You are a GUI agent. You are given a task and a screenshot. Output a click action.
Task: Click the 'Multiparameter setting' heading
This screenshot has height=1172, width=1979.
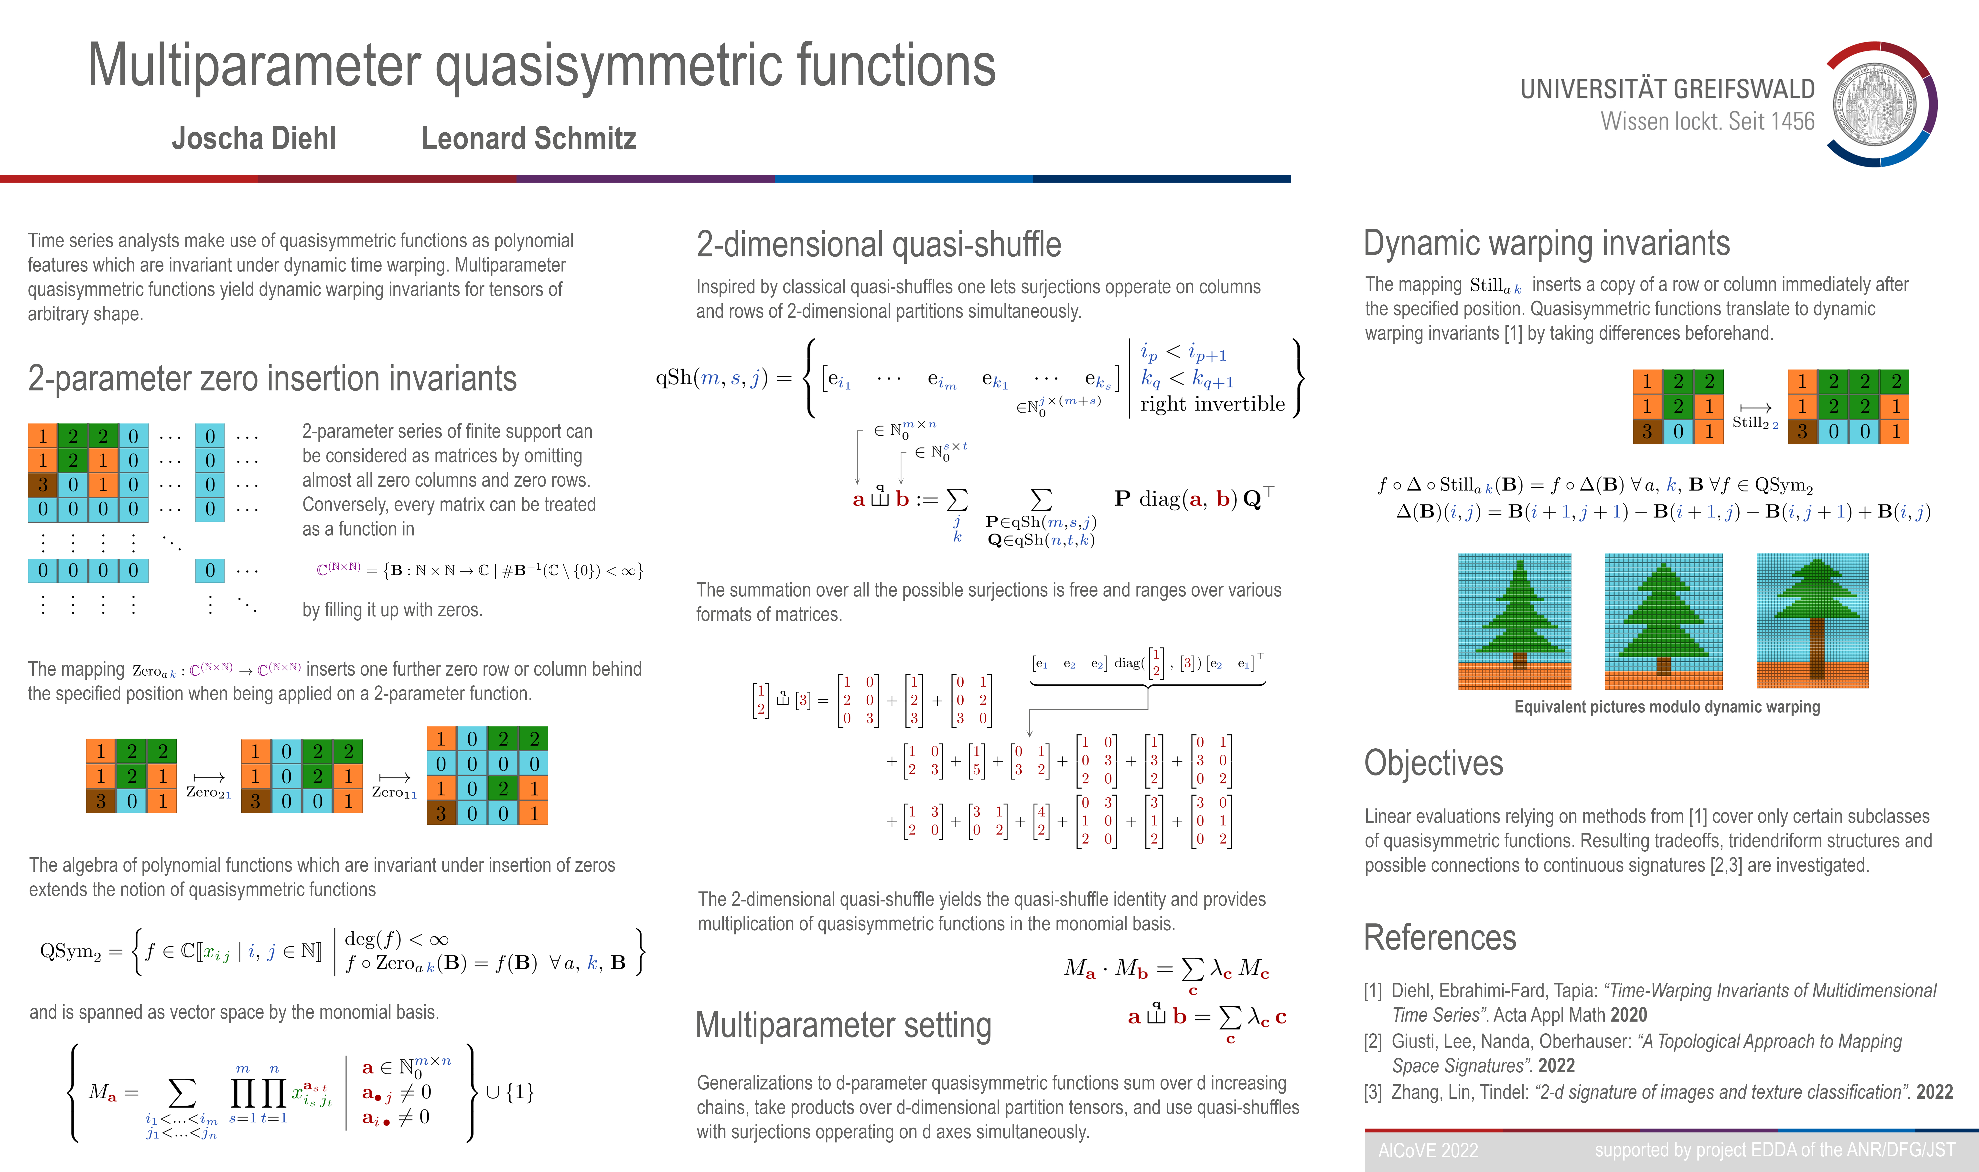(x=843, y=1025)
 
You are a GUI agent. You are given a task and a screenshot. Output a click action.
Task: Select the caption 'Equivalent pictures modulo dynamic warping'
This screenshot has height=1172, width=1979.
(x=1667, y=707)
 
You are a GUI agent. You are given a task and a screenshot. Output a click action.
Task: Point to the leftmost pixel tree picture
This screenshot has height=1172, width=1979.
(x=1515, y=622)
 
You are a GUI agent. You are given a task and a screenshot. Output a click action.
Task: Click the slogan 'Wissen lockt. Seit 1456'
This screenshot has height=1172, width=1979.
(x=1707, y=122)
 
